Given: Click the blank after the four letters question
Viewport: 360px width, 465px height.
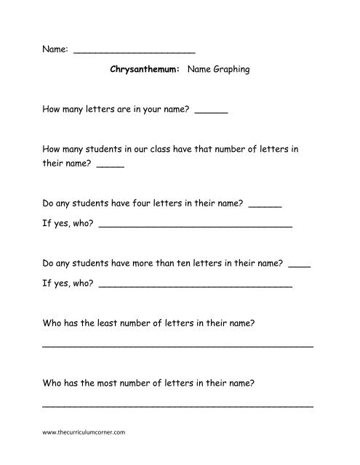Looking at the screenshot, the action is coord(265,207).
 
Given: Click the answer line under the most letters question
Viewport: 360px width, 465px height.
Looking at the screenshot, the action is coord(178,405).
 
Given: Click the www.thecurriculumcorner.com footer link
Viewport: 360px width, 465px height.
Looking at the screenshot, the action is coord(85,432).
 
